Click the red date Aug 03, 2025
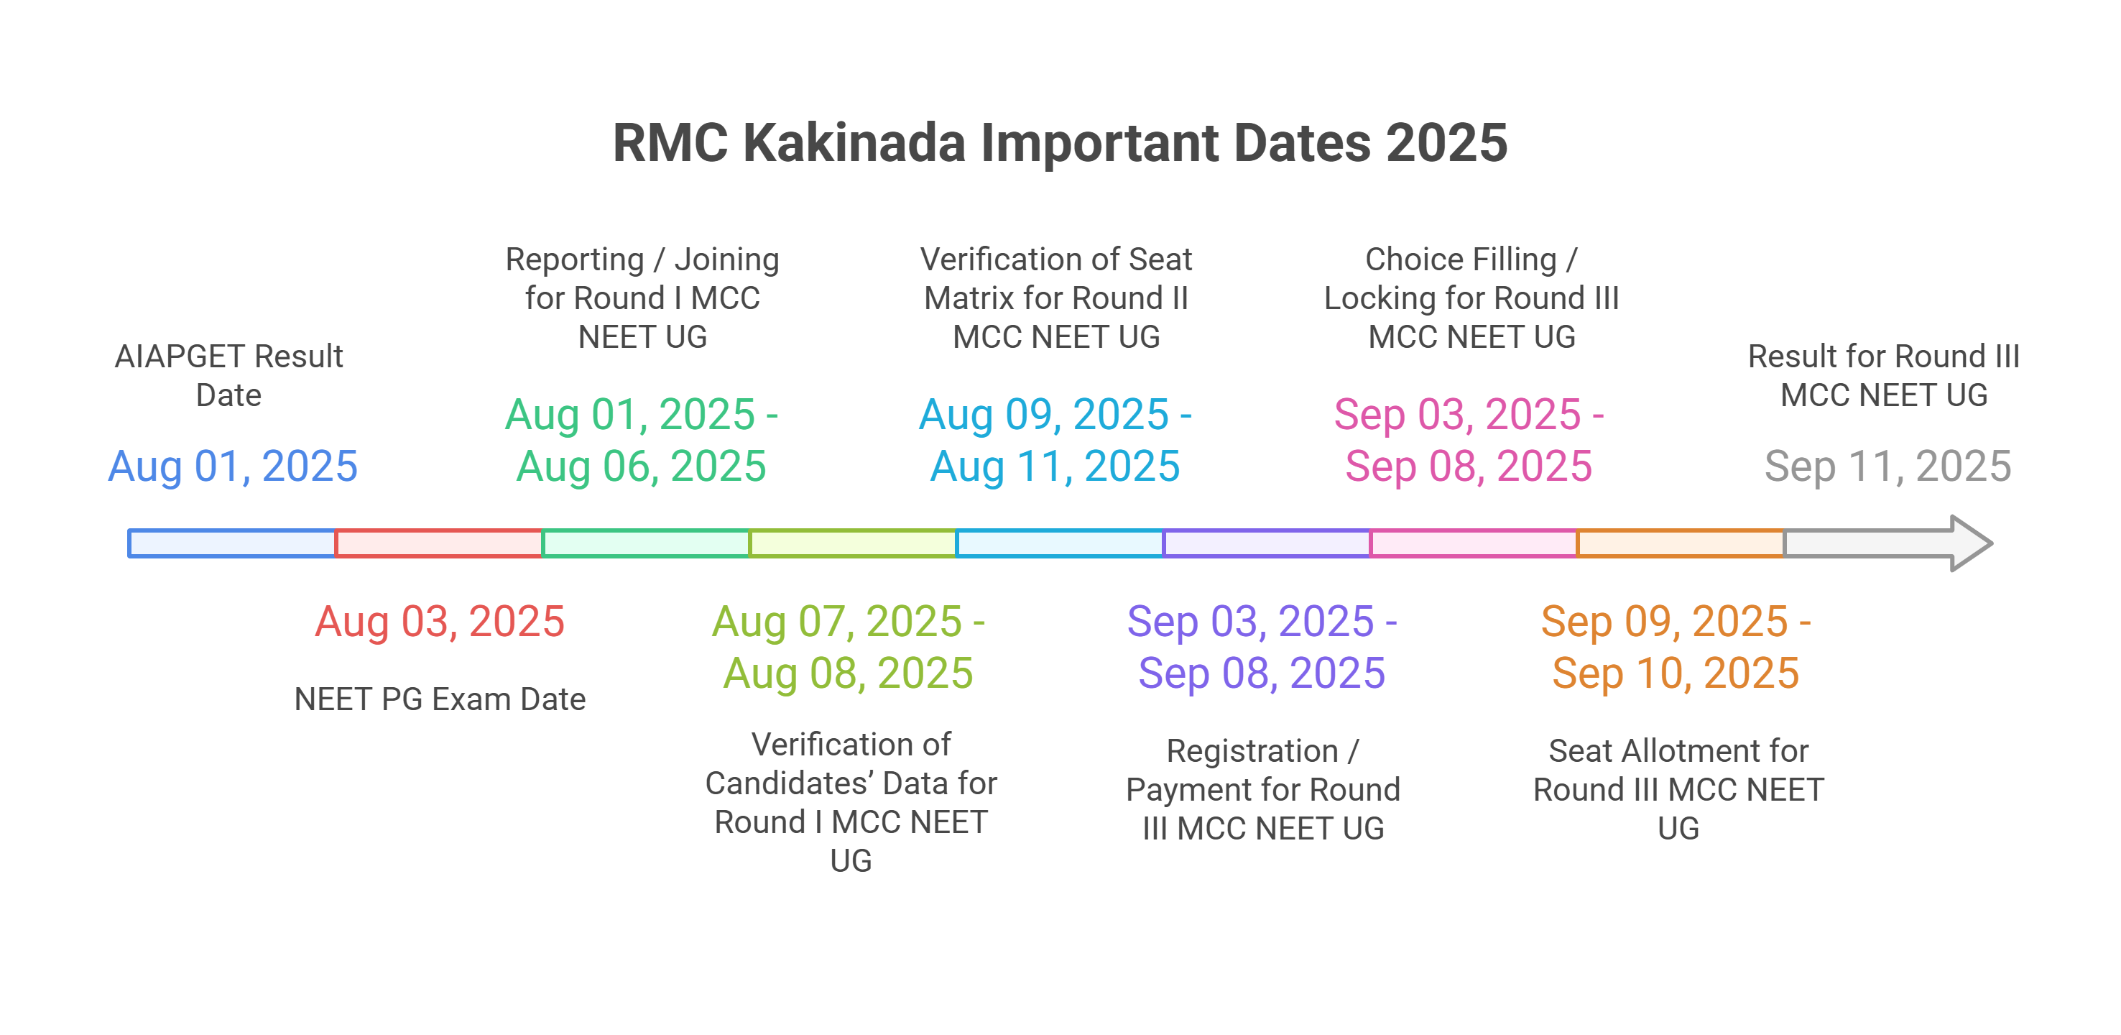440,622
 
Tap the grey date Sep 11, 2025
1887,467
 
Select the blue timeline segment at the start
231,543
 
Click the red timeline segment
439,543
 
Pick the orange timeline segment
1680,543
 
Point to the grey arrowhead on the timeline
1972,543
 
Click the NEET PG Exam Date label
440,699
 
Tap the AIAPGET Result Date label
229,375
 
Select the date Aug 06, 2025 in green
642,467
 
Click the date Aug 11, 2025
1055,467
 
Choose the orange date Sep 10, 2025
1676,673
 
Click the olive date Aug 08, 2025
848,673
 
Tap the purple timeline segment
1266,543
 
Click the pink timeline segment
1473,543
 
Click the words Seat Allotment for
1678,751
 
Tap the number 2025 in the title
1446,143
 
